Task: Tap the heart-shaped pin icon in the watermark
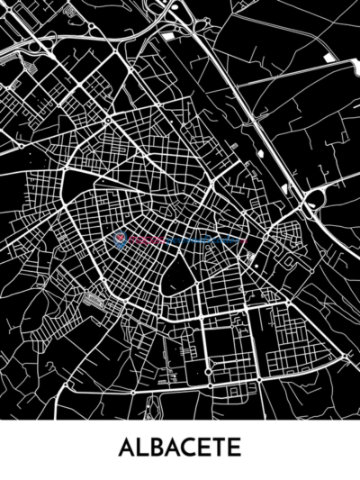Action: [x=120, y=240]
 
